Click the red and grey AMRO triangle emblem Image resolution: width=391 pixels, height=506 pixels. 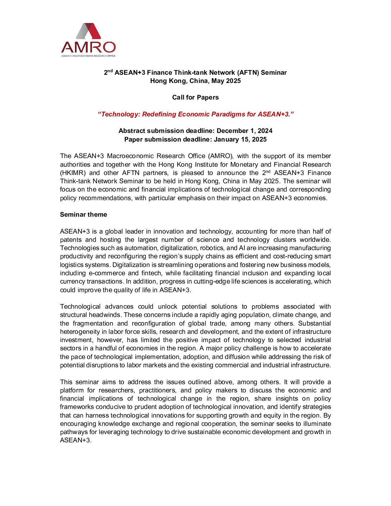coord(88,31)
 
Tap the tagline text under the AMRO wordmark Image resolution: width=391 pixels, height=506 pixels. coord(88,56)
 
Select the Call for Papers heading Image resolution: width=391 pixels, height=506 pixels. coord(195,97)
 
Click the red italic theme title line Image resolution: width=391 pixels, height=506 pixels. coord(195,114)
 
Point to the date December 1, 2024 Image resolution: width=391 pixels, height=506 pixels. coord(244,131)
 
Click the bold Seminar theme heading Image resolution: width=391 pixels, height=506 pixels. coord(83,215)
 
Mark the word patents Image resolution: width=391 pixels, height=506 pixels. coord(70,240)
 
